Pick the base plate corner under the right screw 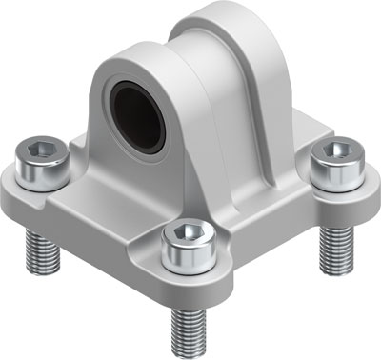click(x=352, y=190)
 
